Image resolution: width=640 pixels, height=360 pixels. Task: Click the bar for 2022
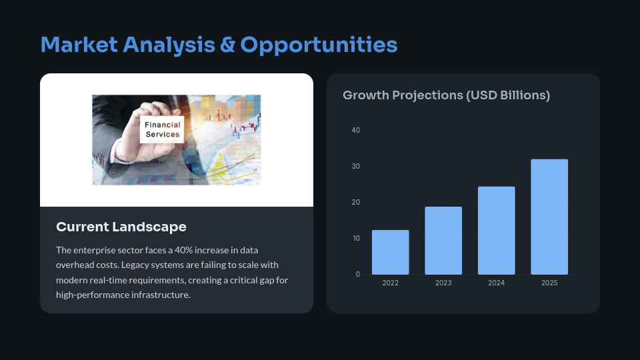click(x=390, y=252)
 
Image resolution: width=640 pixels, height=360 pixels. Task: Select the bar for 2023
click(x=443, y=241)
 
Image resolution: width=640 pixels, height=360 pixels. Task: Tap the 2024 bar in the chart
click(x=496, y=231)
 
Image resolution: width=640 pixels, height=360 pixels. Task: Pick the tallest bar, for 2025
click(x=549, y=217)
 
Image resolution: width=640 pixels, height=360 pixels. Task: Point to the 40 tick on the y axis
click(x=355, y=130)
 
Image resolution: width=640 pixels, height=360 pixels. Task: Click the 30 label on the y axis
click(x=355, y=166)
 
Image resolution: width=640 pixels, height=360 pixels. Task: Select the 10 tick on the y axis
click(x=356, y=239)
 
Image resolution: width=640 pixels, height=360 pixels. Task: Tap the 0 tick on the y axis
click(x=358, y=274)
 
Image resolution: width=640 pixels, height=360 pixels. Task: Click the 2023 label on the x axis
click(x=443, y=283)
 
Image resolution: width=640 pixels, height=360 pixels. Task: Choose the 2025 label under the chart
click(x=549, y=283)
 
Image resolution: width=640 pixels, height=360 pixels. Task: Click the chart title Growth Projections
click(x=446, y=95)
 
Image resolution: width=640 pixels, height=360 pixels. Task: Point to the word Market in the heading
click(x=79, y=45)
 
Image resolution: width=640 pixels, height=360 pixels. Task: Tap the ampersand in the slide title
click(x=227, y=45)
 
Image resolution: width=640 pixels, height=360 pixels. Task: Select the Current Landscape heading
click(x=121, y=227)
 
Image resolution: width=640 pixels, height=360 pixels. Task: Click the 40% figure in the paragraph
click(x=184, y=250)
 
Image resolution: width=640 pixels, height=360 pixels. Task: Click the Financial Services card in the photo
click(x=162, y=129)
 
